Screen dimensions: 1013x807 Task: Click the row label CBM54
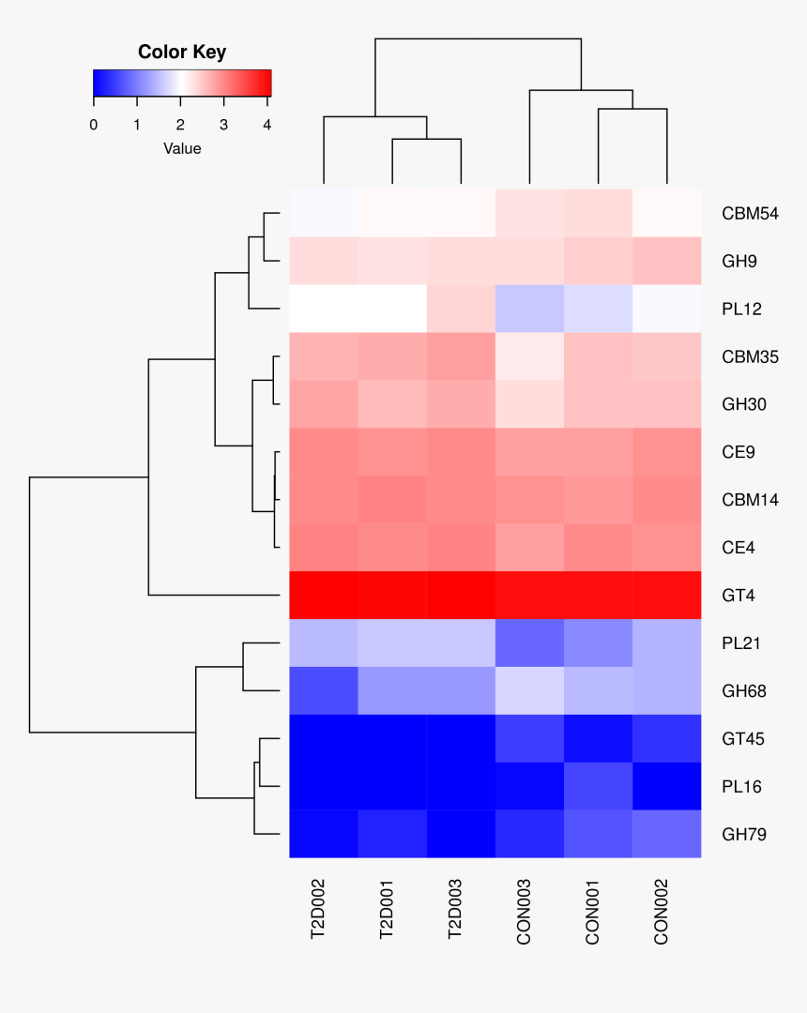(x=750, y=214)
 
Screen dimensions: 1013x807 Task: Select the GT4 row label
(x=738, y=596)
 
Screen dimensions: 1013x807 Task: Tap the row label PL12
(x=741, y=310)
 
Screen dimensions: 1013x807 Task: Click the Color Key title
(x=182, y=53)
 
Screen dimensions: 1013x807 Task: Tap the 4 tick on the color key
(x=267, y=125)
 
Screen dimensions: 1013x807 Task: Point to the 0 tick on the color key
(x=94, y=125)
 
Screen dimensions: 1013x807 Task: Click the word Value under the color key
(x=182, y=148)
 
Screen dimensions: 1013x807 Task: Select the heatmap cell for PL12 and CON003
(x=529, y=310)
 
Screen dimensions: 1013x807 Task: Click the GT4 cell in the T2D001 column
(x=392, y=596)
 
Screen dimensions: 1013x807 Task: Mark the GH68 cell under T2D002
(x=324, y=691)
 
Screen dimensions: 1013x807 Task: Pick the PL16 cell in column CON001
(x=598, y=786)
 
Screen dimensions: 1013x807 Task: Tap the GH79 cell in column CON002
(x=666, y=834)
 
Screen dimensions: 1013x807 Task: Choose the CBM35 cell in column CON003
(x=529, y=357)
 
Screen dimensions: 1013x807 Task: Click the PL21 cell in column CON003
(x=529, y=643)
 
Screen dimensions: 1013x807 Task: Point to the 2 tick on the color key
(x=180, y=125)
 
